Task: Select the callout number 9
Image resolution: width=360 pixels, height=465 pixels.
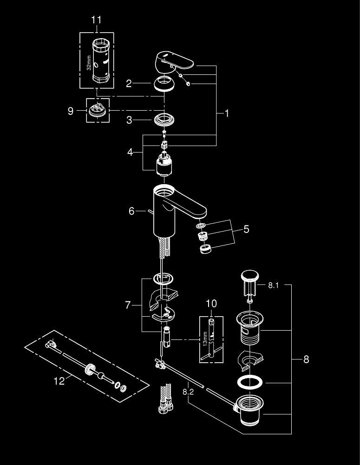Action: tap(71, 111)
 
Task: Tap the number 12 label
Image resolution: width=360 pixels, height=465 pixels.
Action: tap(59, 381)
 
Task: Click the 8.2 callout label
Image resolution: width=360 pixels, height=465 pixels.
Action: tap(188, 392)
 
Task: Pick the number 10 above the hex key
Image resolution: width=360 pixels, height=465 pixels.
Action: tap(212, 304)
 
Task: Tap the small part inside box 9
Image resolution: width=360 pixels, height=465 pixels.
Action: tap(97, 111)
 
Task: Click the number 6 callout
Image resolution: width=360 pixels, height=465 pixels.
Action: tap(131, 211)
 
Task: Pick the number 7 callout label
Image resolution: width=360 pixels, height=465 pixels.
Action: tap(128, 306)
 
